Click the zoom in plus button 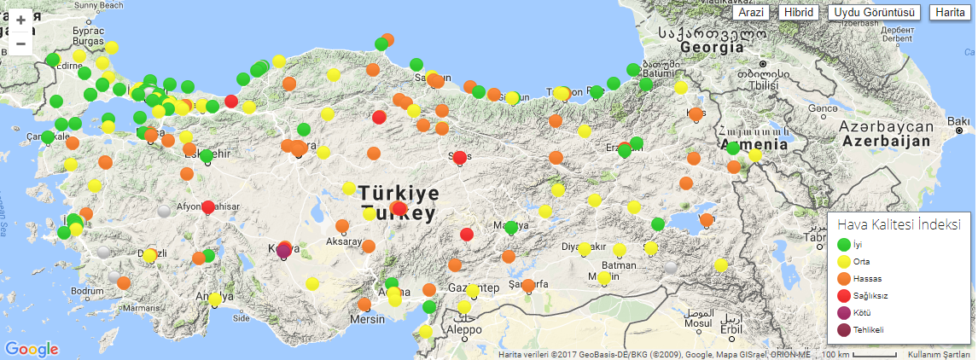[20, 20]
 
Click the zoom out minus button [20, 44]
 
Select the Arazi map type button [752, 13]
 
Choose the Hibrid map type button [799, 13]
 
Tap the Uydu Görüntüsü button [875, 13]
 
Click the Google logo [32, 349]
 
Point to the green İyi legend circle [844, 245]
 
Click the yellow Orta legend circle [844, 262]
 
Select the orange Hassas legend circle [844, 279]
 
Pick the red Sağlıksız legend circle [844, 296]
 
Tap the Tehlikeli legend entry [868, 330]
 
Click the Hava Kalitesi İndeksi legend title [899, 225]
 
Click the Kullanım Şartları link [939, 354]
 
